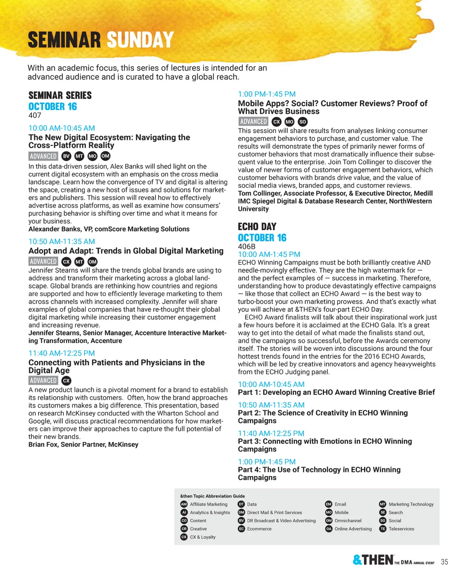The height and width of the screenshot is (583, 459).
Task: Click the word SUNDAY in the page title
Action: pyautogui.click(x=140, y=40)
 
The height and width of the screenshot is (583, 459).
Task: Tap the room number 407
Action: pyautogui.click(x=35, y=115)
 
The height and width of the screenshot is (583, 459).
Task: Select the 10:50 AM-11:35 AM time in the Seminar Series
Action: pyautogui.click(x=62, y=241)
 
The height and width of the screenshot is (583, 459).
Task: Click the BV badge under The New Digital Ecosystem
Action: pyautogui.click(x=66, y=156)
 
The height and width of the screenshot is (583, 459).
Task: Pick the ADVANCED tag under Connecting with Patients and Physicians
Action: pyautogui.click(x=43, y=380)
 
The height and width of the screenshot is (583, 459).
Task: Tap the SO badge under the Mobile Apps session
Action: pyautogui.click(x=303, y=121)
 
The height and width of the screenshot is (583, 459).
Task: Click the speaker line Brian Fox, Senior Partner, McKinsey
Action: pyautogui.click(x=83, y=444)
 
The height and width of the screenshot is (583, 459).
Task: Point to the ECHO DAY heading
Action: pyautogui.click(x=257, y=227)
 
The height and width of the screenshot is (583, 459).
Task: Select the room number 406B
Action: pyautogui.click(x=247, y=246)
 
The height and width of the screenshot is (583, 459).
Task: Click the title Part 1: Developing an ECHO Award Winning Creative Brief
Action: pyautogui.click(x=336, y=392)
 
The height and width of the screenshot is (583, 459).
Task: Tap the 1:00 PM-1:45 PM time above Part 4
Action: pyautogui.click(x=267, y=462)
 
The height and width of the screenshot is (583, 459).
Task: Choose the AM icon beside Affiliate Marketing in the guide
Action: pyautogui.click(x=184, y=504)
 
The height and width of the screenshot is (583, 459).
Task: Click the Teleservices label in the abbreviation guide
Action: pyautogui.click(x=401, y=529)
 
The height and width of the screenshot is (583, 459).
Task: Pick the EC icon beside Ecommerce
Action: pyautogui.click(x=241, y=529)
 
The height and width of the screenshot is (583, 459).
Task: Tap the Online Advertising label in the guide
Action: pyautogui.click(x=353, y=529)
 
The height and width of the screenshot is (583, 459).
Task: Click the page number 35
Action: pyautogui.click(x=444, y=562)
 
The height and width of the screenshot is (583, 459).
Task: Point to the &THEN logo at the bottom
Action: pyautogui.click(x=373, y=560)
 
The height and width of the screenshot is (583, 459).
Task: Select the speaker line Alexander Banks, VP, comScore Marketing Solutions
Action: pyautogui.click(x=109, y=229)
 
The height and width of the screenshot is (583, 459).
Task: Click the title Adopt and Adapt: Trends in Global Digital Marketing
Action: pyautogui.click(x=126, y=251)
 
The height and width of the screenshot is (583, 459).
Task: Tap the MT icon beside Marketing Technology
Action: pyautogui.click(x=382, y=504)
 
